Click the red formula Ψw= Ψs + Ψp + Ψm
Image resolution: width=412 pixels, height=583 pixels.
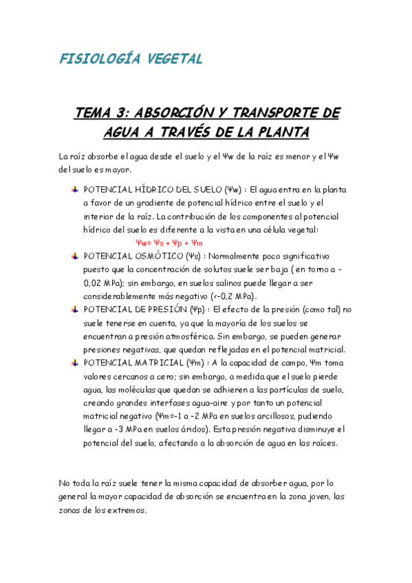point(169,243)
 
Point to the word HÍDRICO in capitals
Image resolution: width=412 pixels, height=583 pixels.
point(155,189)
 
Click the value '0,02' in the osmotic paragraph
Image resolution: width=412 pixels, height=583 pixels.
point(94,283)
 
